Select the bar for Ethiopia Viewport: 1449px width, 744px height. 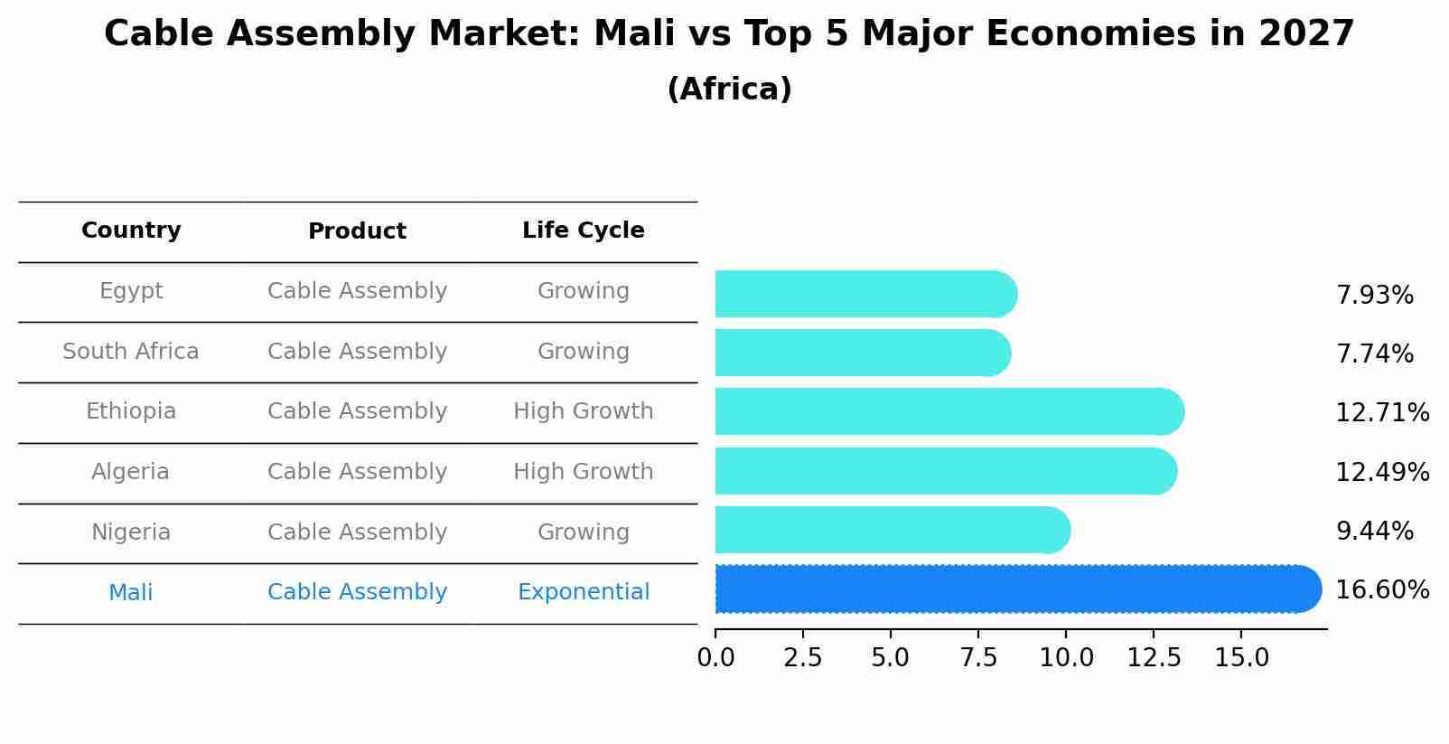pos(949,412)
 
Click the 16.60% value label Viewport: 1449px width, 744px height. pos(1381,590)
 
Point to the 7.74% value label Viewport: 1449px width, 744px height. pos(1374,354)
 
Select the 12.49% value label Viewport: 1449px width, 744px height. pos(1381,472)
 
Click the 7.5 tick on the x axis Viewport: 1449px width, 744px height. pos(978,658)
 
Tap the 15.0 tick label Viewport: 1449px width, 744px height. pos(1241,658)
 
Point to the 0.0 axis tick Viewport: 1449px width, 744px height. pos(715,658)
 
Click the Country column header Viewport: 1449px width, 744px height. pos(131,231)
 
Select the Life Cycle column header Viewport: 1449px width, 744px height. pos(583,231)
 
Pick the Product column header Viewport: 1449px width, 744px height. pos(357,231)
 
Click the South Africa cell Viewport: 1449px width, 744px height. pos(131,352)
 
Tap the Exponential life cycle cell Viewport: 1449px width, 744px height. pos(583,592)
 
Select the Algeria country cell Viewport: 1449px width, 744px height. pos(131,472)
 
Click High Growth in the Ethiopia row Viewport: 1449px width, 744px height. pos(583,411)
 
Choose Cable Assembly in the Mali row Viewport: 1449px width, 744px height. pos(357,592)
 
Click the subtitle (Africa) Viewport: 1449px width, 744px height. pos(729,89)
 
